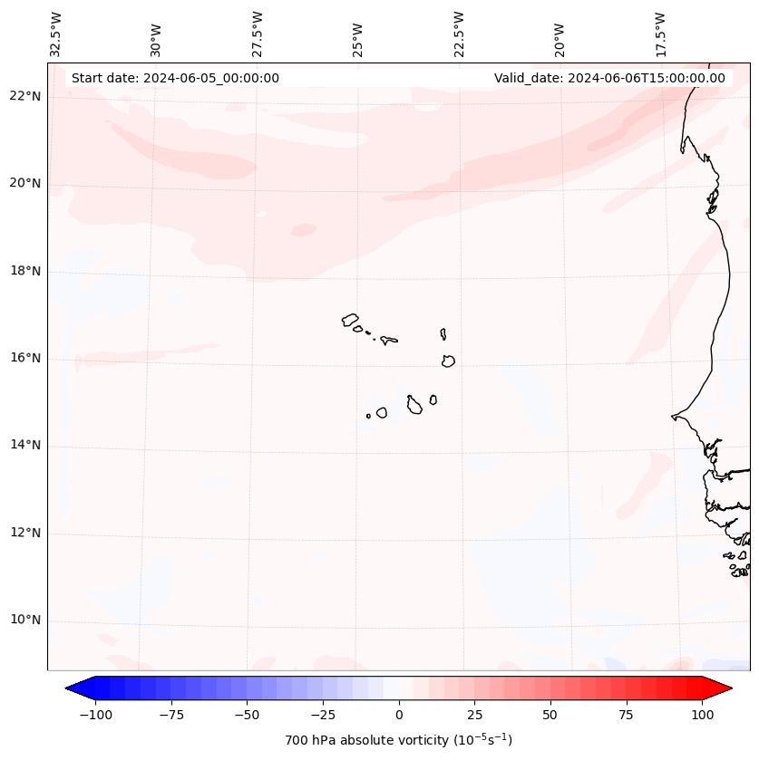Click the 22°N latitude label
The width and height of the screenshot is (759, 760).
25,97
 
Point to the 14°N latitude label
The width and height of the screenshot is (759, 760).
25,446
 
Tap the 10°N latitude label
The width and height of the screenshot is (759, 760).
25,620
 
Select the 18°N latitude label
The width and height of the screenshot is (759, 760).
25,271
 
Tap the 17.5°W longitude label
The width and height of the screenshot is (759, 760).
660,34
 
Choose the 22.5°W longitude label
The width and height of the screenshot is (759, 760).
459,34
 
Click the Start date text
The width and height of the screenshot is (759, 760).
175,78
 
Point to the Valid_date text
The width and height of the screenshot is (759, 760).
609,78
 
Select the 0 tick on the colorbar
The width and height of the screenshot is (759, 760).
399,715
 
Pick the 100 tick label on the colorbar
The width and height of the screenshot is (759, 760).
702,715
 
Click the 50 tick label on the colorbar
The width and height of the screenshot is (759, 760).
550,715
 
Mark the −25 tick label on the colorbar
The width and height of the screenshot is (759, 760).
323,715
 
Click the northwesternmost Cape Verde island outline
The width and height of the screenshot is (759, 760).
350,320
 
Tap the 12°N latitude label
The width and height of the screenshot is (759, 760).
25,533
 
